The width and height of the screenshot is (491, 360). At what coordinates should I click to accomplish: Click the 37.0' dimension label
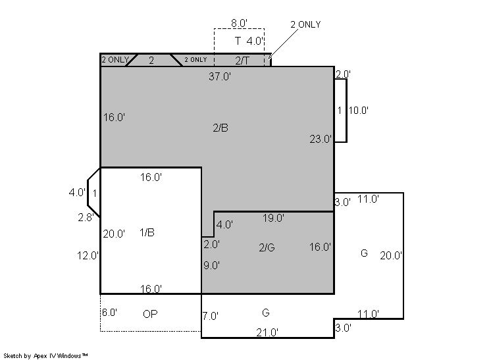pyautogui.click(x=220, y=76)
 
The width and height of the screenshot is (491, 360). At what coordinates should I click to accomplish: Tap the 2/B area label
pyautogui.click(x=220, y=128)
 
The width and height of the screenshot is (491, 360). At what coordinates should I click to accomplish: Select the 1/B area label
pyautogui.click(x=147, y=232)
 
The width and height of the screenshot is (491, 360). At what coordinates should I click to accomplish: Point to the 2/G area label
pyautogui.click(x=267, y=247)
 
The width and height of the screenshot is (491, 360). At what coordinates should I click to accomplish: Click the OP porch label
pyautogui.click(x=150, y=314)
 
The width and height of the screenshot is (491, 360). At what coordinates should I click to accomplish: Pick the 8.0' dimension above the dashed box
pyautogui.click(x=239, y=23)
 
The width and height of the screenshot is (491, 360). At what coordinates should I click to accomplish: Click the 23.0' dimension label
pyautogui.click(x=321, y=139)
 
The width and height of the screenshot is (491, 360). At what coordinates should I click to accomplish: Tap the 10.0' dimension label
pyautogui.click(x=359, y=111)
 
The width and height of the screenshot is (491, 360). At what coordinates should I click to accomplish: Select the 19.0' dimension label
pyautogui.click(x=273, y=219)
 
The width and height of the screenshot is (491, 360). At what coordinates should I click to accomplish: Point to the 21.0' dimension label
pyautogui.click(x=267, y=332)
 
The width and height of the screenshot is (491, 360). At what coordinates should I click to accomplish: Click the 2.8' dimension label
pyautogui.click(x=86, y=217)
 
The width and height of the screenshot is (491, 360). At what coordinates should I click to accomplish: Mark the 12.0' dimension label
pyautogui.click(x=88, y=256)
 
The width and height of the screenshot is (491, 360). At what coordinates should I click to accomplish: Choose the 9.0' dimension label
pyautogui.click(x=212, y=265)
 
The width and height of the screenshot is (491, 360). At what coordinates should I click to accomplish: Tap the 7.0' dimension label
pyautogui.click(x=211, y=316)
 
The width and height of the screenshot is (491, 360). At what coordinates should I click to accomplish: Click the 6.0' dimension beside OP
pyautogui.click(x=110, y=313)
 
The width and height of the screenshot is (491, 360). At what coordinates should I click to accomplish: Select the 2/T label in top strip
pyautogui.click(x=242, y=61)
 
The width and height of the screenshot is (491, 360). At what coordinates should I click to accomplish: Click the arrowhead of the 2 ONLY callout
pyautogui.click(x=269, y=57)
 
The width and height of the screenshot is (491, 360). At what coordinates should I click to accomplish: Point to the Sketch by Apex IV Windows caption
pyautogui.click(x=45, y=356)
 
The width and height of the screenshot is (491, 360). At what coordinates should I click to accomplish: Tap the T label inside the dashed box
pyautogui.click(x=238, y=41)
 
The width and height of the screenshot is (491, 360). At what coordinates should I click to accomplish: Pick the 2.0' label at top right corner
pyautogui.click(x=343, y=74)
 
